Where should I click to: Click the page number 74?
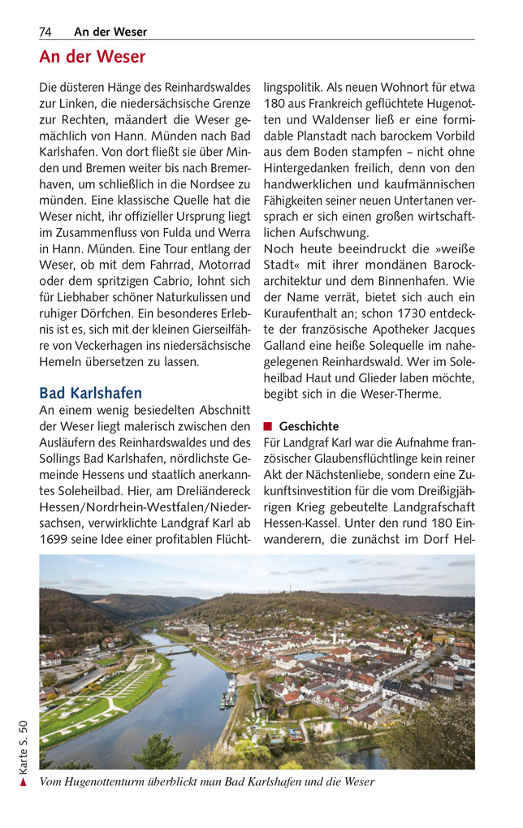click(x=45, y=32)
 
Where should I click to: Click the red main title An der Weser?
click(x=92, y=57)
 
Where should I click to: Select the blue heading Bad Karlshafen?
click(x=90, y=393)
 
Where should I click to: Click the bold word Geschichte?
click(x=309, y=426)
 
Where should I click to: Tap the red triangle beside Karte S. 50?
click(x=24, y=782)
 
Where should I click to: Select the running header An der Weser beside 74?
click(x=110, y=32)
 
